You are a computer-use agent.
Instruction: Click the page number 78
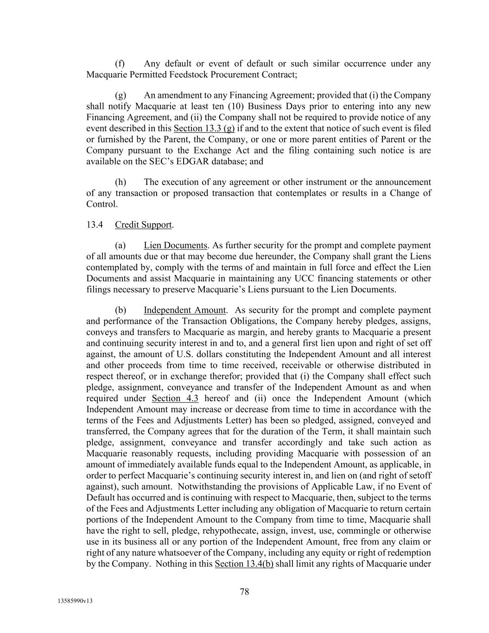244,591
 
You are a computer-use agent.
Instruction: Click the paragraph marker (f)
120,64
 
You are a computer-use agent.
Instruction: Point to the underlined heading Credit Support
143,225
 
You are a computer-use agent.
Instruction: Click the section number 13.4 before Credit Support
94,225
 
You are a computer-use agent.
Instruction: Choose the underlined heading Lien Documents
175,245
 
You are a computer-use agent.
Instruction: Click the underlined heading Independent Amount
184,310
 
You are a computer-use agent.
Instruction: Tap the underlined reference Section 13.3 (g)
204,128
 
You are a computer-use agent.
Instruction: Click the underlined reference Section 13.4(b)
244,564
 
